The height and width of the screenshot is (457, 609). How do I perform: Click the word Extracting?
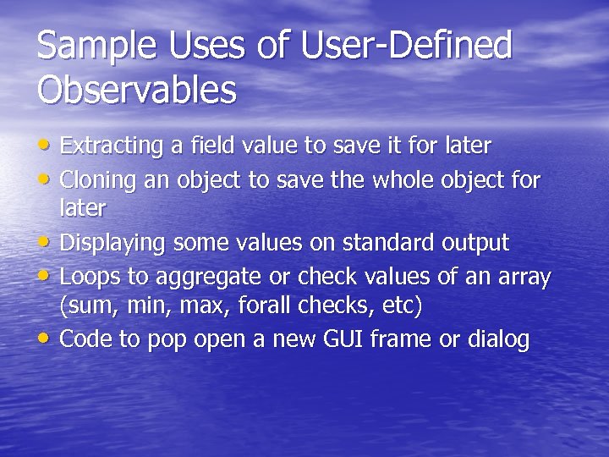coord(112,146)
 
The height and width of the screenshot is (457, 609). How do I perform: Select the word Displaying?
coord(114,244)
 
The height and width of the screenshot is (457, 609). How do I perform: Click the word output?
coord(475,245)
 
